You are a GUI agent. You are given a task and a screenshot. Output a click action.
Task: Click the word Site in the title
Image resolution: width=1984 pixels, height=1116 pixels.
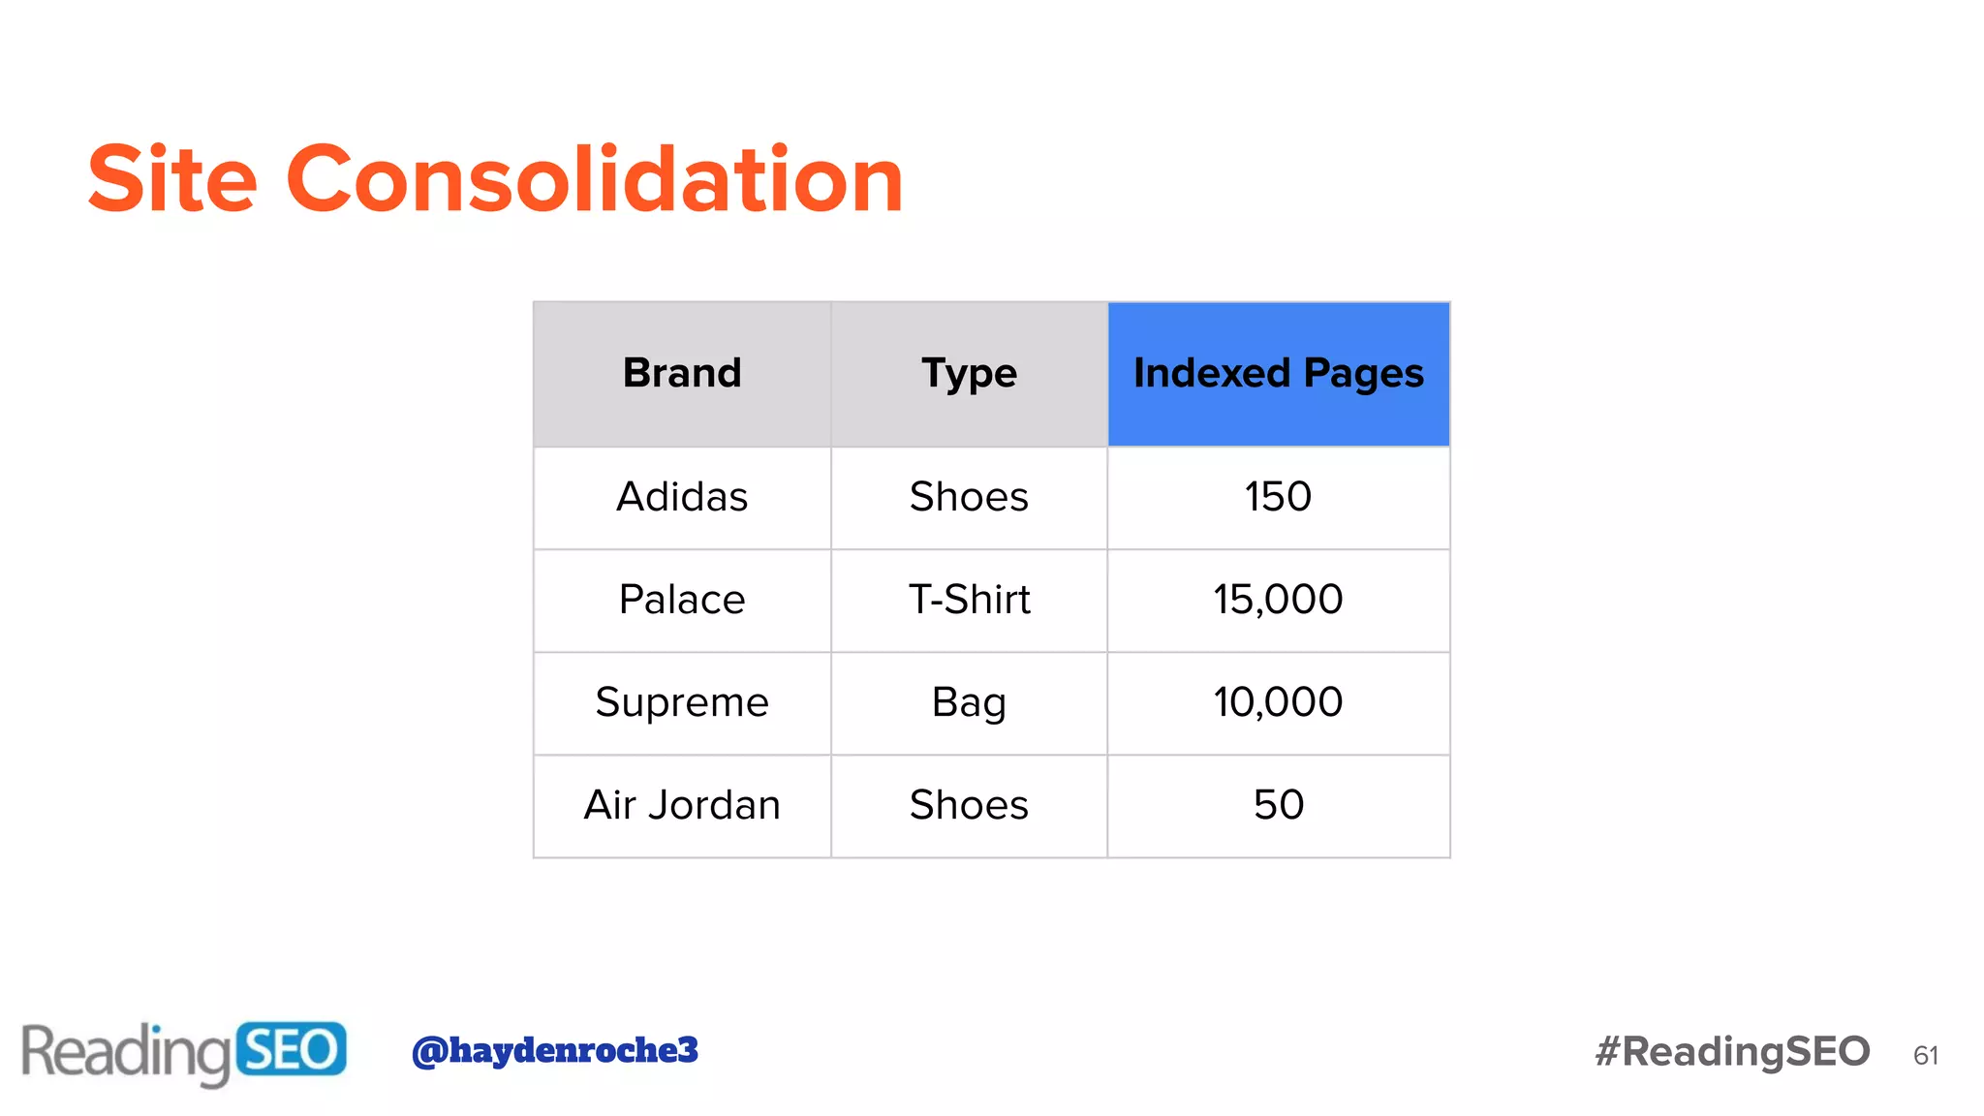click(172, 179)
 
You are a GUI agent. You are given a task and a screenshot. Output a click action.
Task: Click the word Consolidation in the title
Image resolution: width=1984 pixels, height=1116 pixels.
click(594, 179)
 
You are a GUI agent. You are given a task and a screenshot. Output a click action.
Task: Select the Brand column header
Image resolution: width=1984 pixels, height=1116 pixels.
click(682, 374)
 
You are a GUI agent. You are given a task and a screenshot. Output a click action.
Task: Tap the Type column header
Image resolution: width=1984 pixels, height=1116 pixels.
click(969, 374)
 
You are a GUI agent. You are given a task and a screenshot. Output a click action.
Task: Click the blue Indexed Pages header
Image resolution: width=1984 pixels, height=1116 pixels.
click(1278, 374)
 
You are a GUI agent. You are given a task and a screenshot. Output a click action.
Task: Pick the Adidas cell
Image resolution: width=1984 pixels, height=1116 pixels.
click(682, 497)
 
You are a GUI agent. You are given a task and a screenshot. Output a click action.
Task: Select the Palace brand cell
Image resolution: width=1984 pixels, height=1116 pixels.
click(682, 600)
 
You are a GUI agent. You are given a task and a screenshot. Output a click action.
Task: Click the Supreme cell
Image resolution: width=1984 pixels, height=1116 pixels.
click(682, 702)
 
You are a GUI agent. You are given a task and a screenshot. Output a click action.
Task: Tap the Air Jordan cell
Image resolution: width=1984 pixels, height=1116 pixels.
click(682, 805)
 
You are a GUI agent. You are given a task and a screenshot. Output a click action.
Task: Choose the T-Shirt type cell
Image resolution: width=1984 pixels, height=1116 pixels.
click(969, 600)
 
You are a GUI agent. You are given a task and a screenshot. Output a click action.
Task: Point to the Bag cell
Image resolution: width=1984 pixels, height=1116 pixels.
click(969, 702)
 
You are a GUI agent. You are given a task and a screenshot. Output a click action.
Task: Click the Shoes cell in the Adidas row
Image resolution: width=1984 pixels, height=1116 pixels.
click(969, 497)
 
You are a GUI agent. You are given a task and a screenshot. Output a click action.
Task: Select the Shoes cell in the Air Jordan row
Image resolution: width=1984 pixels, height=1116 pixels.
click(969, 805)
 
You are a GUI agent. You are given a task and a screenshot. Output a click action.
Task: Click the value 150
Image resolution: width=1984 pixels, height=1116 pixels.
click(1278, 497)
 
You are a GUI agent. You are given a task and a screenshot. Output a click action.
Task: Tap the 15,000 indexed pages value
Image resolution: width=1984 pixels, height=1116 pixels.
click(1278, 600)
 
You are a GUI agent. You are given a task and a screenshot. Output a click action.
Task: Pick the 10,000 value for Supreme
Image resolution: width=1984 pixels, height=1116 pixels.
click(1278, 702)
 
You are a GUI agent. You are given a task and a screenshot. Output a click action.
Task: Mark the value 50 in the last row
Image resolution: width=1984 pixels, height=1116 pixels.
click(1278, 805)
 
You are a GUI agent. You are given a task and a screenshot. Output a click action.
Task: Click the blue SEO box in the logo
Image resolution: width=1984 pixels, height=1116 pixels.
click(290, 1050)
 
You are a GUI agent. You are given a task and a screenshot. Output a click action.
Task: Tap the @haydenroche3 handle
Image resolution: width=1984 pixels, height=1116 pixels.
click(554, 1050)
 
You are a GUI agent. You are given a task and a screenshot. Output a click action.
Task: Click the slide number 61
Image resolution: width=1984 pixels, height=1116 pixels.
click(1926, 1055)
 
